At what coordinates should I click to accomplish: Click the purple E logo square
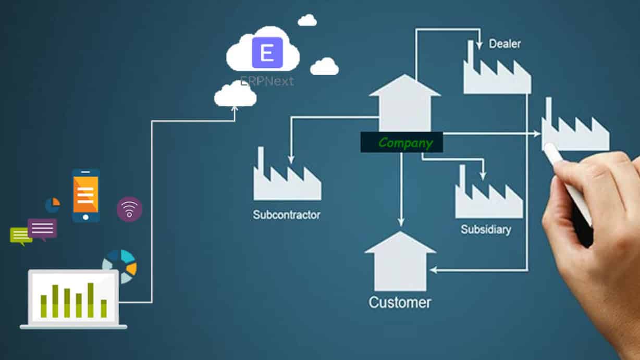coord(267,53)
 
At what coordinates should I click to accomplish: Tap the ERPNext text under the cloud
coord(267,81)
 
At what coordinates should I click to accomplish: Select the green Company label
coord(401,142)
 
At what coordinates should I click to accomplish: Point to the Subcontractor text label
coord(286,215)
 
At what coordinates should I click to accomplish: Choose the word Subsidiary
coord(486,229)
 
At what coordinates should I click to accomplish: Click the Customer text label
coord(400,302)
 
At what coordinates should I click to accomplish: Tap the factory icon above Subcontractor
coord(286,180)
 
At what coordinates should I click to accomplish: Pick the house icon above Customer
coord(400,263)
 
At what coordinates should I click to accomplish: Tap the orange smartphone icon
coord(86,195)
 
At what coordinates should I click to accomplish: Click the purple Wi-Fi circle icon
coord(129,209)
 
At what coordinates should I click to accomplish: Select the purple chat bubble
coord(42,229)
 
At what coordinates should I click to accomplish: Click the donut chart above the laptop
coord(120,266)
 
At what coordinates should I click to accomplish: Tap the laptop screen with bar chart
coord(73,296)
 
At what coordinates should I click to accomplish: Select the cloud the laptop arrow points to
coord(235,94)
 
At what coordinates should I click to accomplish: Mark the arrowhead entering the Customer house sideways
coord(433,270)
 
